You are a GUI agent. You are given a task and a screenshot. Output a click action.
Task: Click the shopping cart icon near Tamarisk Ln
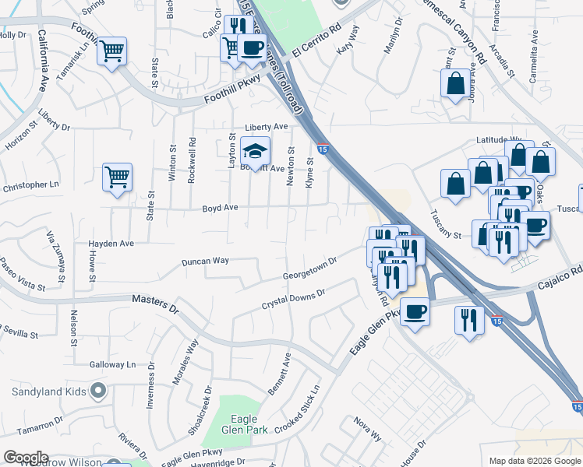113,51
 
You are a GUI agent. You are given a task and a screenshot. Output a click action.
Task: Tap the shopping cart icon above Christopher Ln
117,177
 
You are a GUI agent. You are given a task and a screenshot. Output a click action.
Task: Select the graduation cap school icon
255,150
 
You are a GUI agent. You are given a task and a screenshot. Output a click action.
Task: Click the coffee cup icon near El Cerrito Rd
252,47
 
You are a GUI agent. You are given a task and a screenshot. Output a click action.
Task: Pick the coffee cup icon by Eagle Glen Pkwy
415,313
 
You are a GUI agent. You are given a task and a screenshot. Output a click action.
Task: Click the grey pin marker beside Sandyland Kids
97,389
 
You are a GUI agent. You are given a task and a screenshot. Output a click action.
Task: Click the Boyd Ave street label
220,208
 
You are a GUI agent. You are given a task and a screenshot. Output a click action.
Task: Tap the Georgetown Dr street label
309,268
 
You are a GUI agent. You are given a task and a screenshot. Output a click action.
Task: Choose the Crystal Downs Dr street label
292,298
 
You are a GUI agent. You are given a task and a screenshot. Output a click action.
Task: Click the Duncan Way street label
205,261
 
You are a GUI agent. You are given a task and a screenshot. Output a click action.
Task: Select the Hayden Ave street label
111,244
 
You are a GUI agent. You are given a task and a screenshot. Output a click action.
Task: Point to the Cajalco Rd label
564,274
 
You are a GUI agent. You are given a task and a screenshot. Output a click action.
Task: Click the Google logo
25,458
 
